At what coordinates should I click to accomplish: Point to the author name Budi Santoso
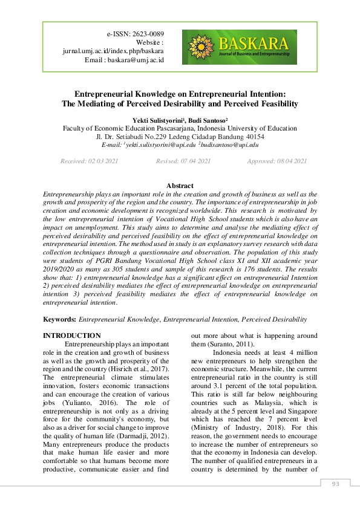(208, 121)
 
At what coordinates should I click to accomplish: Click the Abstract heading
(180, 186)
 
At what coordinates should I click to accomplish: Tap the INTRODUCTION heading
(72, 336)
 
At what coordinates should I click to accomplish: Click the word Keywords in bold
(59, 319)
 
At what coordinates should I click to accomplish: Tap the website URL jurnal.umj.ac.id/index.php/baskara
(114, 51)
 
